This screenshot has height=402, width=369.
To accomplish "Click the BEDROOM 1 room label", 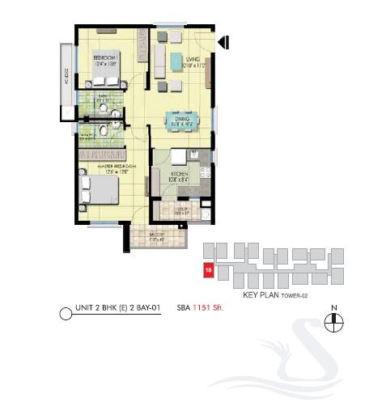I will (106, 59).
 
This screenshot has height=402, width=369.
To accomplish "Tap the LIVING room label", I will (192, 59).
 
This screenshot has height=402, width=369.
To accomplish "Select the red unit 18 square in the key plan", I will (209, 272).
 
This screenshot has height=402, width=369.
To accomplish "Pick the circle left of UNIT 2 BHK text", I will (66, 311).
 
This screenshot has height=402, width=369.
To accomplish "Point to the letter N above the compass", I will (333, 308).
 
